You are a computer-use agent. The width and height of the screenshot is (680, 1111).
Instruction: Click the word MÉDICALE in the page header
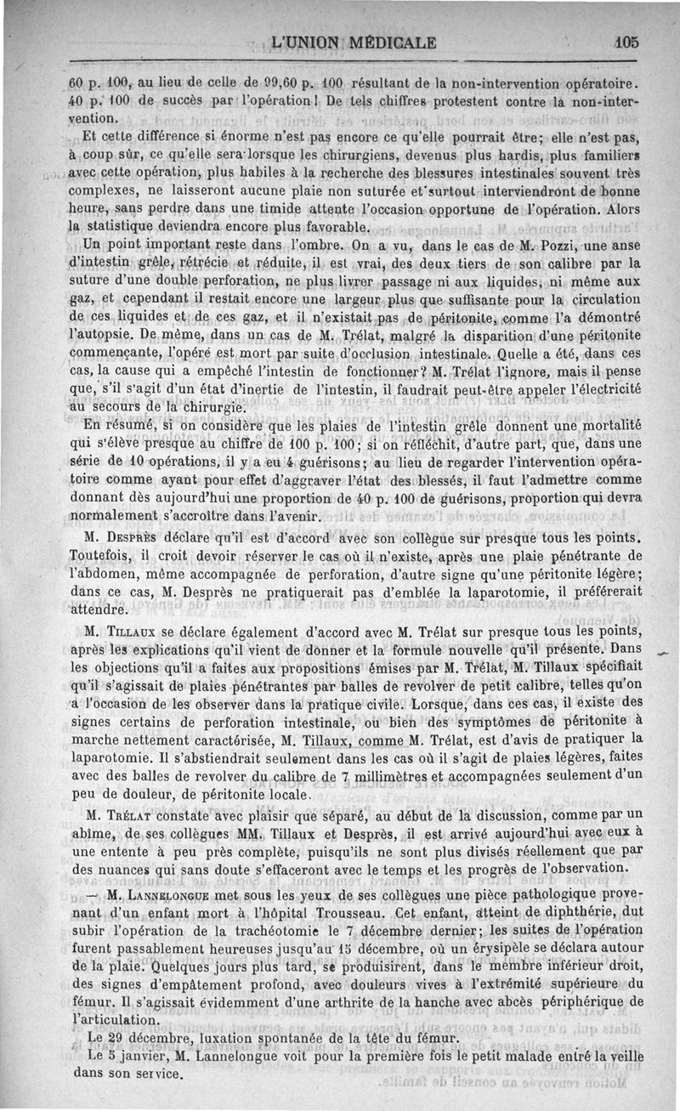click(x=391, y=43)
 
